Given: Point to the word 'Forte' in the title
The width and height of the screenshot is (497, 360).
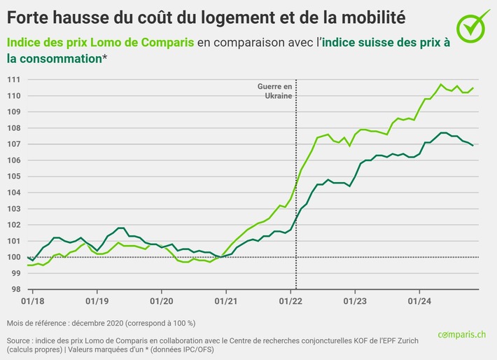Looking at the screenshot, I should [x=27, y=15].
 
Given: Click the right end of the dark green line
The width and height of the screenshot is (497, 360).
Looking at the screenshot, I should [x=473, y=145].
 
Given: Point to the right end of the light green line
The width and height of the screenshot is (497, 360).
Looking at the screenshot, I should [x=473, y=88].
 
